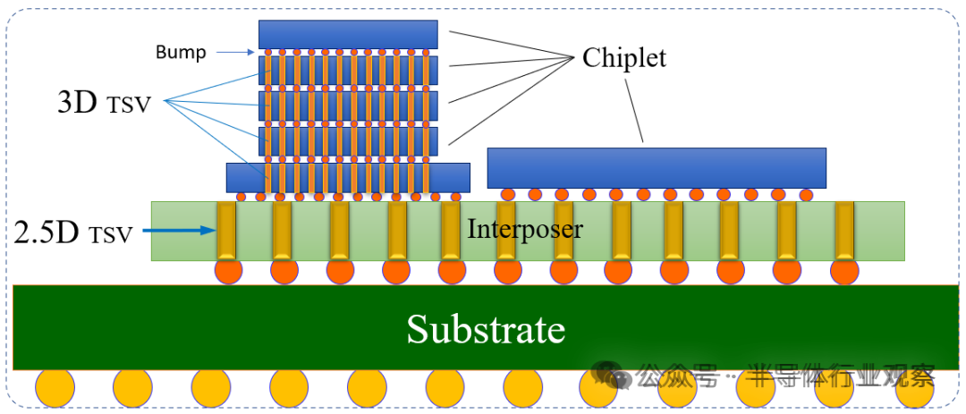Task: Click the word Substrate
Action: click(x=486, y=329)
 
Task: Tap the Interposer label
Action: click(x=525, y=229)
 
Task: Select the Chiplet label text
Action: click(x=624, y=58)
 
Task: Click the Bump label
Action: click(x=181, y=52)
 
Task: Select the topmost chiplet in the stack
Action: click(x=348, y=34)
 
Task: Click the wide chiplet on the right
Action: click(x=657, y=168)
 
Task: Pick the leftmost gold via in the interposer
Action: click(x=226, y=231)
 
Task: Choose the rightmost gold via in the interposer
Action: click(x=843, y=231)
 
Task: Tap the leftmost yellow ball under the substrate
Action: click(x=54, y=389)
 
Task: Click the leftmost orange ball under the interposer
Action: click(x=227, y=271)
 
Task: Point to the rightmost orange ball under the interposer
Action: click(x=843, y=271)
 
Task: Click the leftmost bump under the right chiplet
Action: click(x=508, y=194)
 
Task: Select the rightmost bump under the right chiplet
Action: click(x=805, y=194)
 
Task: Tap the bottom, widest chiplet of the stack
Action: click(x=348, y=177)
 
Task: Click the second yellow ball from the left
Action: click(x=131, y=389)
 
